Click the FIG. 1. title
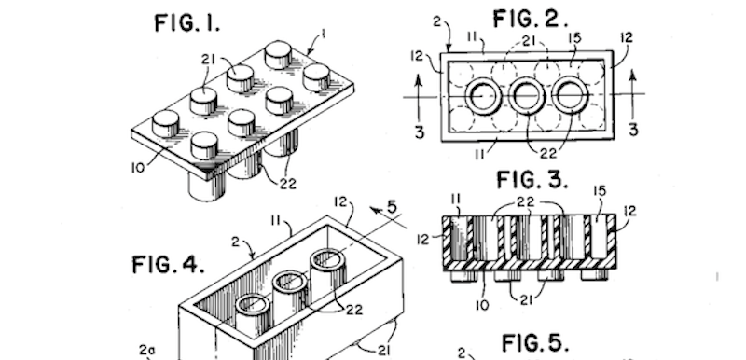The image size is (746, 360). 187,22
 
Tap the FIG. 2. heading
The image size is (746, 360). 530,20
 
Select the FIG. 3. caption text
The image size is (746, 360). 532,180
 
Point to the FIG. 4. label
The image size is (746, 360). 169,265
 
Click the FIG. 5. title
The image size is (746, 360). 534,343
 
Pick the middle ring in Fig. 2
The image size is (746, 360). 527,79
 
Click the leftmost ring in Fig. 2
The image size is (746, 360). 483,79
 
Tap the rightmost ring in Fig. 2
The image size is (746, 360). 570,79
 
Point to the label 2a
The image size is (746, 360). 146,351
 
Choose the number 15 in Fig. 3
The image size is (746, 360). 600,191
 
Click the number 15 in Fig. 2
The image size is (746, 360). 574,37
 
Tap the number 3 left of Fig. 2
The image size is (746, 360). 419,132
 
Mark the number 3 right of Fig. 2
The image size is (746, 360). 633,130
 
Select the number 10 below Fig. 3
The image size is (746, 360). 482,304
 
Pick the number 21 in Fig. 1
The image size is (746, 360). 208,61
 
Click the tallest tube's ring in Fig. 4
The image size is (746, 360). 328,259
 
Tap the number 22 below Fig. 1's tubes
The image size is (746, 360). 287,184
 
